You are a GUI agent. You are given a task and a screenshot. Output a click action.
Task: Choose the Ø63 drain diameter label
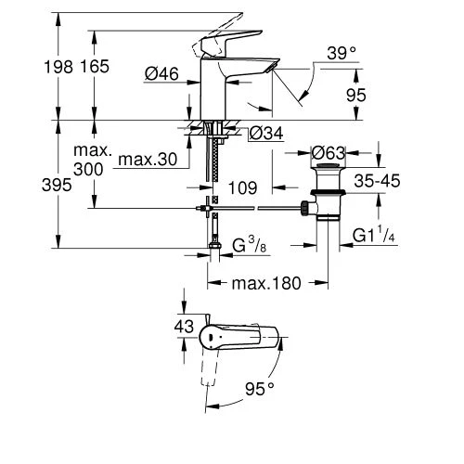tap(329, 152)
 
